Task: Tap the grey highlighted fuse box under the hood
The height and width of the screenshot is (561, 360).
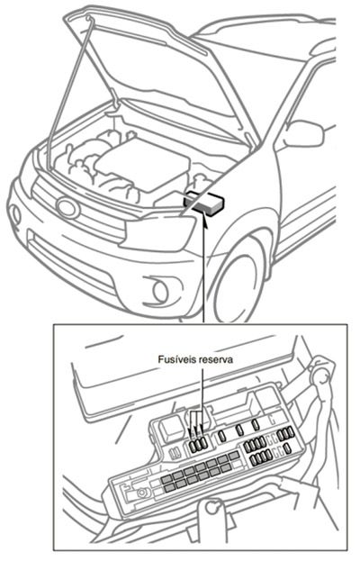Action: pos(206,202)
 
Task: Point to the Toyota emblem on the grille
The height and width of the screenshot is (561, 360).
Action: pos(67,207)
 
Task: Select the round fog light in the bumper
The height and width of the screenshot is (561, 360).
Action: pos(161,291)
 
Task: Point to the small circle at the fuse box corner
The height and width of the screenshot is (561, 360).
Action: pos(140,493)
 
